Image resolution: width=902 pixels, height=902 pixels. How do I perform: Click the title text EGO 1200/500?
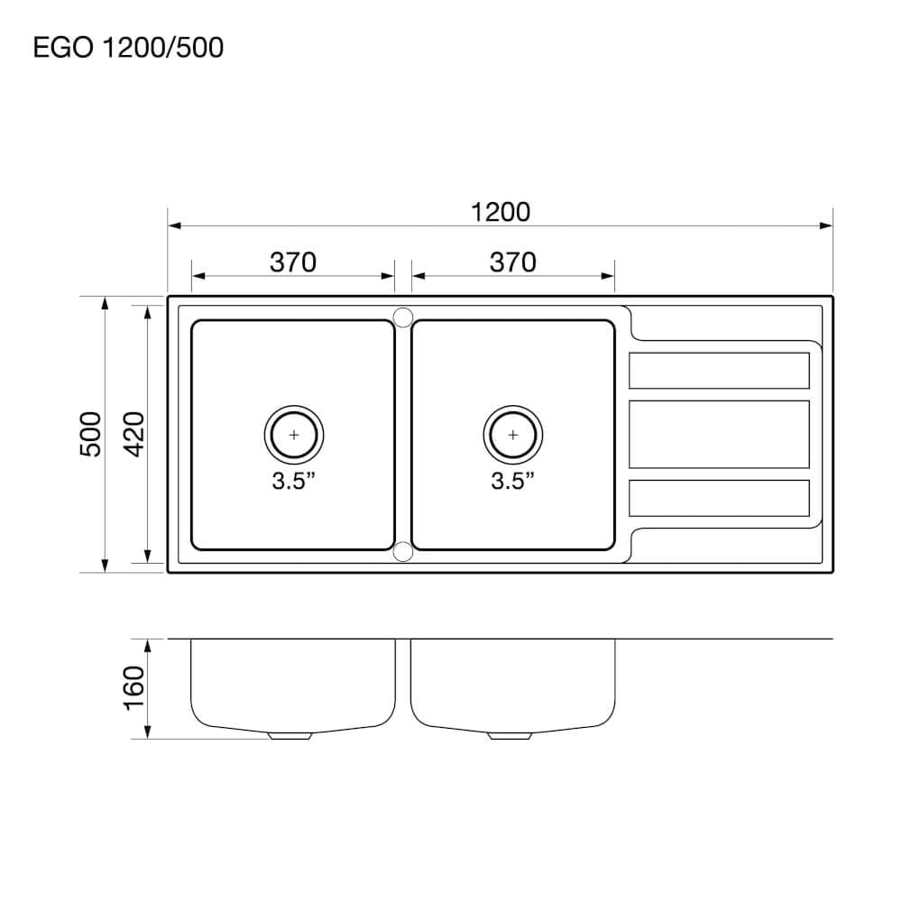(128, 47)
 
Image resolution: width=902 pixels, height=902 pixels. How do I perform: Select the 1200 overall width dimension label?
(501, 212)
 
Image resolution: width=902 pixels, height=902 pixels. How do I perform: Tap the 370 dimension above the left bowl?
(293, 262)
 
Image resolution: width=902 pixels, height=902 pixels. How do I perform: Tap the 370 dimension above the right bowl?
(512, 262)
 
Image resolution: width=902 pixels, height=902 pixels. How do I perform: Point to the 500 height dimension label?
(90, 435)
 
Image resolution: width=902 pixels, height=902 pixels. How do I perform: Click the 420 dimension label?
(134, 435)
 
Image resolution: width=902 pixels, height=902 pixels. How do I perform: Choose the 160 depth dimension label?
(134, 688)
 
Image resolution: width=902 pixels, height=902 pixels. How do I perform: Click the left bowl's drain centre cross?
(294, 435)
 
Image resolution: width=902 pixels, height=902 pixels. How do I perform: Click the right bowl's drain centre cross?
(513, 435)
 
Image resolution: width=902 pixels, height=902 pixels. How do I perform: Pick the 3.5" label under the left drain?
(293, 481)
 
